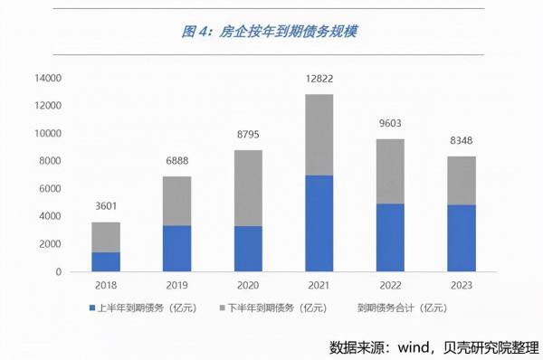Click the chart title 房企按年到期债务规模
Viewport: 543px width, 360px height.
tap(271, 33)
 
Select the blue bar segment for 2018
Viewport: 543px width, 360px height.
tap(105, 261)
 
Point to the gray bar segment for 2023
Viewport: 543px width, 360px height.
tap(461, 180)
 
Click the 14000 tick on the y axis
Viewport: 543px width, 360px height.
tap(47, 79)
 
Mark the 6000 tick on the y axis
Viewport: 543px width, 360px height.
tap(50, 189)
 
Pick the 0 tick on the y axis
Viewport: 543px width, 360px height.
tap(58, 272)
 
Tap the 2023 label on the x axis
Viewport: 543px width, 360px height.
tap(461, 285)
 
